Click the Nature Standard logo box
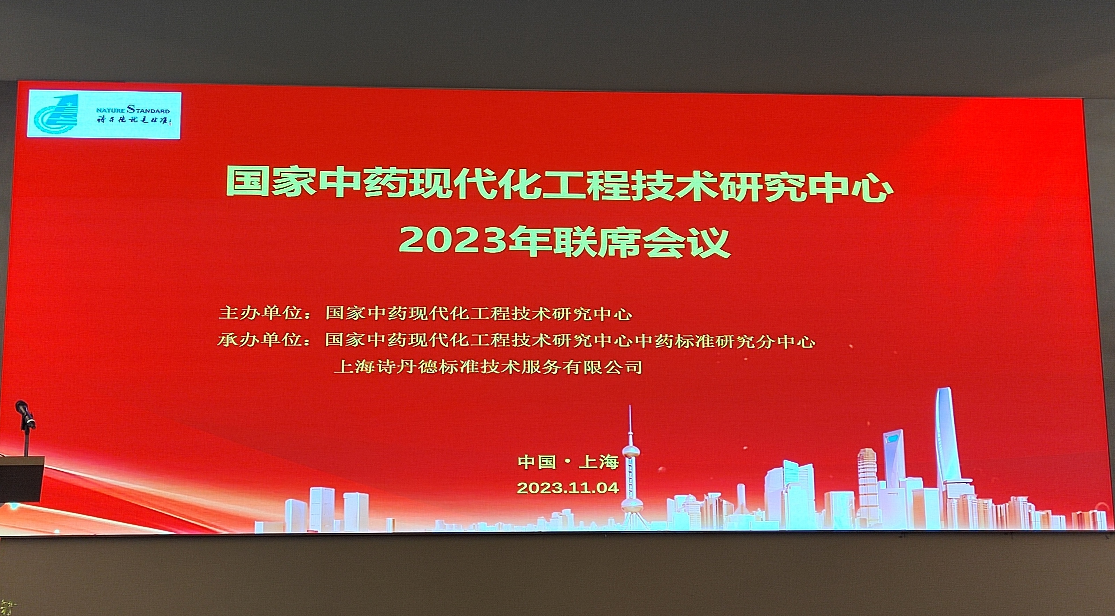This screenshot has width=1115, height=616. [x=104, y=115]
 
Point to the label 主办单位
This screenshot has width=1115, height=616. [x=259, y=313]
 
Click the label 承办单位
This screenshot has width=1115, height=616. [x=259, y=341]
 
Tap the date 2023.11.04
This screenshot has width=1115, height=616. [x=568, y=488]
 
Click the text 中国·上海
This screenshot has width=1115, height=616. [x=568, y=462]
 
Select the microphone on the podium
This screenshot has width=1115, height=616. [x=23, y=409]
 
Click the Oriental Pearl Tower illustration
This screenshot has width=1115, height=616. [x=631, y=468]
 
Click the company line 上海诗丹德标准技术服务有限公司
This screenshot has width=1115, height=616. [x=488, y=368]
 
